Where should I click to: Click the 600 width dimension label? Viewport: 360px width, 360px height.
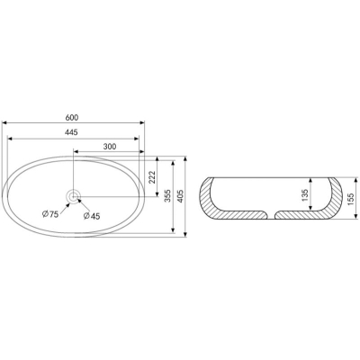click(x=72, y=118)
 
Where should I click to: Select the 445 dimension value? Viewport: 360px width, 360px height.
click(x=71, y=132)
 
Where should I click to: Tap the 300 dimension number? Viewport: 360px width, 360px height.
click(x=110, y=147)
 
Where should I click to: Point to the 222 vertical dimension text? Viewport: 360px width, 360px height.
click(x=152, y=177)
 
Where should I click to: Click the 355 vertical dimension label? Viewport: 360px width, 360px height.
click(x=167, y=195)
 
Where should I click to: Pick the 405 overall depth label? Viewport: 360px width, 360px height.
click(x=180, y=196)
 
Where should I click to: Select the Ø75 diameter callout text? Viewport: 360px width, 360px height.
click(x=50, y=214)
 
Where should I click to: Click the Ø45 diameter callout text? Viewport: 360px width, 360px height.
click(x=92, y=216)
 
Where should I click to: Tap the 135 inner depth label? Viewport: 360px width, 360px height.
click(x=305, y=195)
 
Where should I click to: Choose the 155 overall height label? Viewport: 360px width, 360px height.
click(x=351, y=199)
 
